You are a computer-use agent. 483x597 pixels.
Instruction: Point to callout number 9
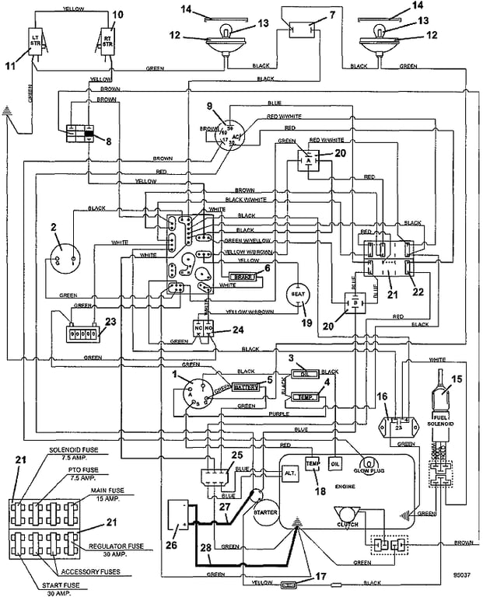click(x=208, y=106)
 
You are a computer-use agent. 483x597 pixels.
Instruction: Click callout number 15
click(x=456, y=379)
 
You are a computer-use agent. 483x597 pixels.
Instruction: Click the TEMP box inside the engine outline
click(x=313, y=464)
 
